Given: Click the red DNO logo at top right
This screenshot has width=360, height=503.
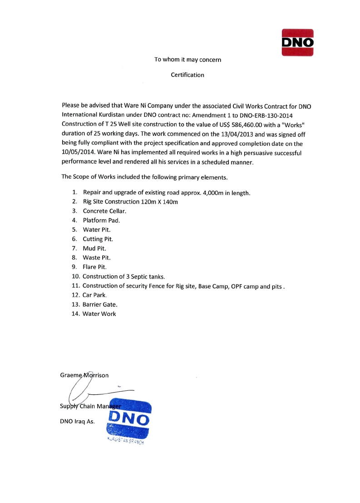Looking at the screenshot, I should pyautogui.click(x=298, y=42).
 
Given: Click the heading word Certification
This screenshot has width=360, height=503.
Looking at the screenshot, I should pyautogui.click(x=187, y=75).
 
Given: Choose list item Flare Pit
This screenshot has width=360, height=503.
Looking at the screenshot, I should pyautogui.click(x=94, y=267).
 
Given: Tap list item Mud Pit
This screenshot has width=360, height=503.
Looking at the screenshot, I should pyautogui.click(x=94, y=248).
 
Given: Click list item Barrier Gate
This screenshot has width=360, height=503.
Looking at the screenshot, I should pyautogui.click(x=97, y=304).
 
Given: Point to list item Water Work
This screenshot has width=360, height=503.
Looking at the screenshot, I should pyautogui.click(x=99, y=314).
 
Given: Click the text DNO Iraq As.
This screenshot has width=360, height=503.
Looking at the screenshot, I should pyautogui.click(x=77, y=421).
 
